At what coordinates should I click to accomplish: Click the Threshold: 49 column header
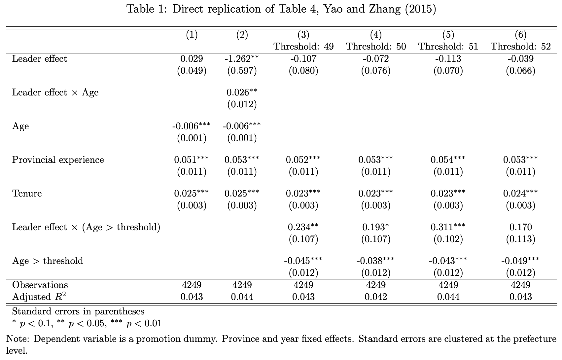click(303, 47)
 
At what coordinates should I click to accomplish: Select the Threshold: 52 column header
click(521, 47)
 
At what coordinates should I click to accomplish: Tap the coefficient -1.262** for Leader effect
click(242, 59)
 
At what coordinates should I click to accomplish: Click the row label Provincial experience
click(58, 160)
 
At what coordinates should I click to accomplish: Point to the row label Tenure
click(27, 194)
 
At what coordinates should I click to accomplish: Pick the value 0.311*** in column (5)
click(448, 227)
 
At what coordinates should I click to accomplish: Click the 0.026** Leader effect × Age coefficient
click(242, 92)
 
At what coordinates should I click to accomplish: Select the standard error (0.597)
click(242, 71)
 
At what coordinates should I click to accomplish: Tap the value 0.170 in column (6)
click(521, 227)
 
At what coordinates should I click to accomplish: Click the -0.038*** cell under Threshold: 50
click(375, 261)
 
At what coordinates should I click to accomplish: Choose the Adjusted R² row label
click(39, 297)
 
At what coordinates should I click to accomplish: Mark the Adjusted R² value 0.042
click(376, 297)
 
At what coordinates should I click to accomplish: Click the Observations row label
click(40, 285)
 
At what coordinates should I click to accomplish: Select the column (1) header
click(192, 35)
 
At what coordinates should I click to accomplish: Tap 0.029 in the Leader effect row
click(192, 59)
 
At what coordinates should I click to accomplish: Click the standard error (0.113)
click(521, 239)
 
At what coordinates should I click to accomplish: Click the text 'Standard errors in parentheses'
click(78, 311)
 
